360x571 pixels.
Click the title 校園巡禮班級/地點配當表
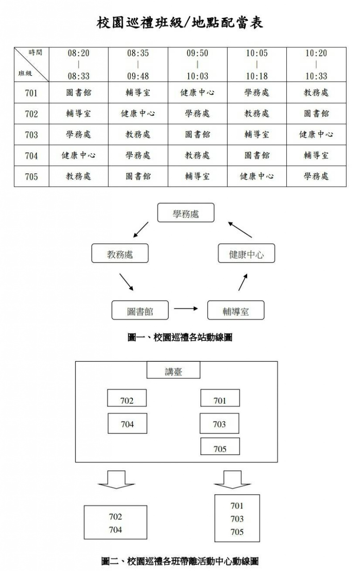click(x=180, y=23)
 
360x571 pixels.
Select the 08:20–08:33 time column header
click(x=79, y=64)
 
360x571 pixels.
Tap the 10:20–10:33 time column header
click(x=316, y=64)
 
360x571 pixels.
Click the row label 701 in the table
click(x=31, y=93)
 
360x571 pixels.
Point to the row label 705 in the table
click(x=31, y=177)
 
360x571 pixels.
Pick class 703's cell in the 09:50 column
click(x=197, y=134)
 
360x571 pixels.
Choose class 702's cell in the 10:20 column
click(x=316, y=114)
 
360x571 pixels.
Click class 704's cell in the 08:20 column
click(x=79, y=156)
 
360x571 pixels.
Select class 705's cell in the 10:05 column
click(x=257, y=176)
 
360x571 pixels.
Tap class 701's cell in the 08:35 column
click(x=138, y=93)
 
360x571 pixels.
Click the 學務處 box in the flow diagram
click(x=186, y=213)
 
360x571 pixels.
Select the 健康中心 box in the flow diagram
click(x=246, y=254)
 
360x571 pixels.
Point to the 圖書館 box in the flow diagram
click(x=140, y=310)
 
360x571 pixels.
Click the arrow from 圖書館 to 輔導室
click(x=186, y=308)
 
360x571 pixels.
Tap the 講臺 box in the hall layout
click(x=173, y=371)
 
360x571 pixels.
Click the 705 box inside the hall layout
click(x=220, y=447)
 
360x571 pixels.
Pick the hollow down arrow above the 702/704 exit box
click(x=116, y=479)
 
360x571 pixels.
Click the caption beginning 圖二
click(x=180, y=561)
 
